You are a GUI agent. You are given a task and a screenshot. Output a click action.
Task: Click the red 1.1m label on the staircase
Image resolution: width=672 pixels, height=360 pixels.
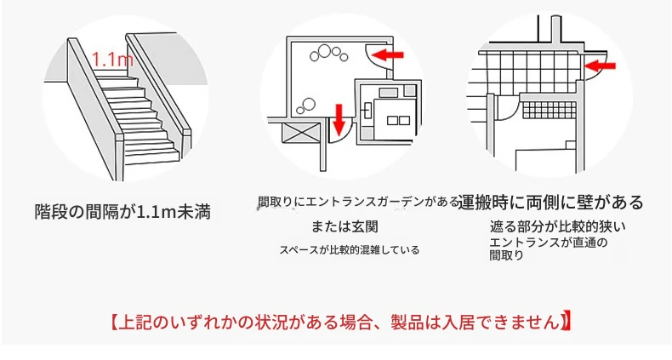pos(113,59)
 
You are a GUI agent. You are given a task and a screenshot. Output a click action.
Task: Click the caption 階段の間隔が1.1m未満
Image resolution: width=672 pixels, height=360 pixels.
pos(123,212)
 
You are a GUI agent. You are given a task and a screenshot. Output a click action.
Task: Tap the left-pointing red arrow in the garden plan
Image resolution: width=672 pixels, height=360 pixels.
pos(388,54)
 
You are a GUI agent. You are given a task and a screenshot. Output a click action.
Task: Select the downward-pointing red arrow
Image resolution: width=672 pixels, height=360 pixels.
pos(339,117)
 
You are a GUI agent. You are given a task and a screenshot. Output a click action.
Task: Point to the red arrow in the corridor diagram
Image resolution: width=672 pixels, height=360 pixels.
pos(601,66)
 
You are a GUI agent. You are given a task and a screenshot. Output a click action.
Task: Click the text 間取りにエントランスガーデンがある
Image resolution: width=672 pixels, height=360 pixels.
pos(358,202)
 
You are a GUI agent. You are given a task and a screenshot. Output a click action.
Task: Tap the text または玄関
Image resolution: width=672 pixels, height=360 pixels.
pos(345,226)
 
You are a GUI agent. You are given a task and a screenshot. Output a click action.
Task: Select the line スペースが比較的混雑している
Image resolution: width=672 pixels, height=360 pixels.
pos(350,250)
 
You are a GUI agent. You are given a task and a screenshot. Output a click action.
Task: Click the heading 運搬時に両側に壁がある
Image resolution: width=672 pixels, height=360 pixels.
pos(550,202)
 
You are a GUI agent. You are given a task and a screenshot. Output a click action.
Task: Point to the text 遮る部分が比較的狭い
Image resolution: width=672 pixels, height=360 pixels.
pos(557,226)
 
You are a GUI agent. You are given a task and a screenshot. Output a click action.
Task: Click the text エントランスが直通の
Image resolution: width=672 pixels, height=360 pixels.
pos(549,243)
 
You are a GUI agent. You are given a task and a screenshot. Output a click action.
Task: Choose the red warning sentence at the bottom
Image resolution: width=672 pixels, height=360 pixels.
pos(341,323)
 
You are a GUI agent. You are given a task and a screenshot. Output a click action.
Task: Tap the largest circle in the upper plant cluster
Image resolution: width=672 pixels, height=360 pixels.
pos(324,52)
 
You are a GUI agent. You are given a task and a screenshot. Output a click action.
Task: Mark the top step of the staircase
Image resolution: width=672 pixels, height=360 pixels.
pos(116,73)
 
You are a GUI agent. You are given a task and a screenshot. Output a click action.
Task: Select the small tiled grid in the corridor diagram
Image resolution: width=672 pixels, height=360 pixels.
pos(550,111)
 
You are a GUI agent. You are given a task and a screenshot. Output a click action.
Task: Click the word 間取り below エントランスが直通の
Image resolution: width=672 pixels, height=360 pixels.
pos(507,256)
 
